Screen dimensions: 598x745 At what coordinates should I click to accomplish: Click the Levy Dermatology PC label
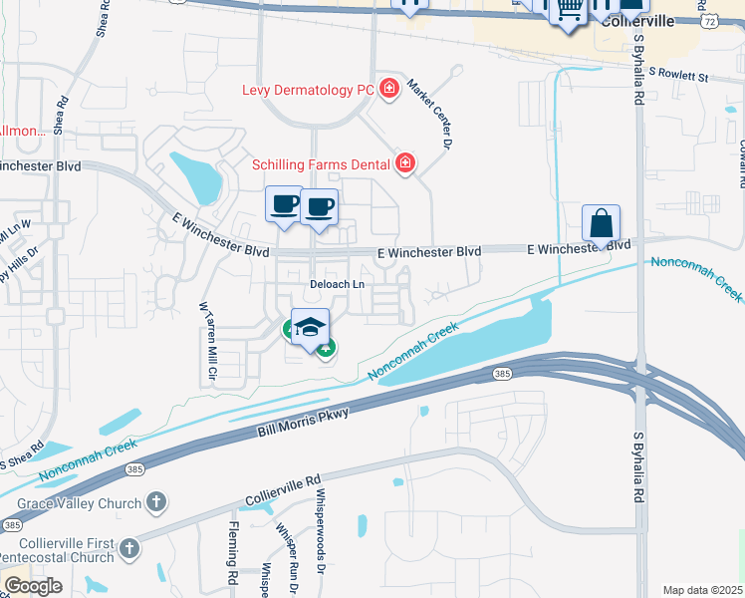click(308, 90)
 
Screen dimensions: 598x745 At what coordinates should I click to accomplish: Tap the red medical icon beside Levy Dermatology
click(387, 90)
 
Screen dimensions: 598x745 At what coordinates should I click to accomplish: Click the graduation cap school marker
click(311, 327)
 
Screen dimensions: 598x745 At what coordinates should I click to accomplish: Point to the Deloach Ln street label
click(336, 284)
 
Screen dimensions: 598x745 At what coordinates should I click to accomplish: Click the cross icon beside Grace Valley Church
click(156, 503)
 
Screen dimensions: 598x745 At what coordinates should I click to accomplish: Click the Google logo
click(32, 586)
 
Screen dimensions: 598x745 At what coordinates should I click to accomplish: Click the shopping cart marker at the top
click(569, 10)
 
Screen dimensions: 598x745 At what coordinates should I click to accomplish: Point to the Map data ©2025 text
click(702, 590)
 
